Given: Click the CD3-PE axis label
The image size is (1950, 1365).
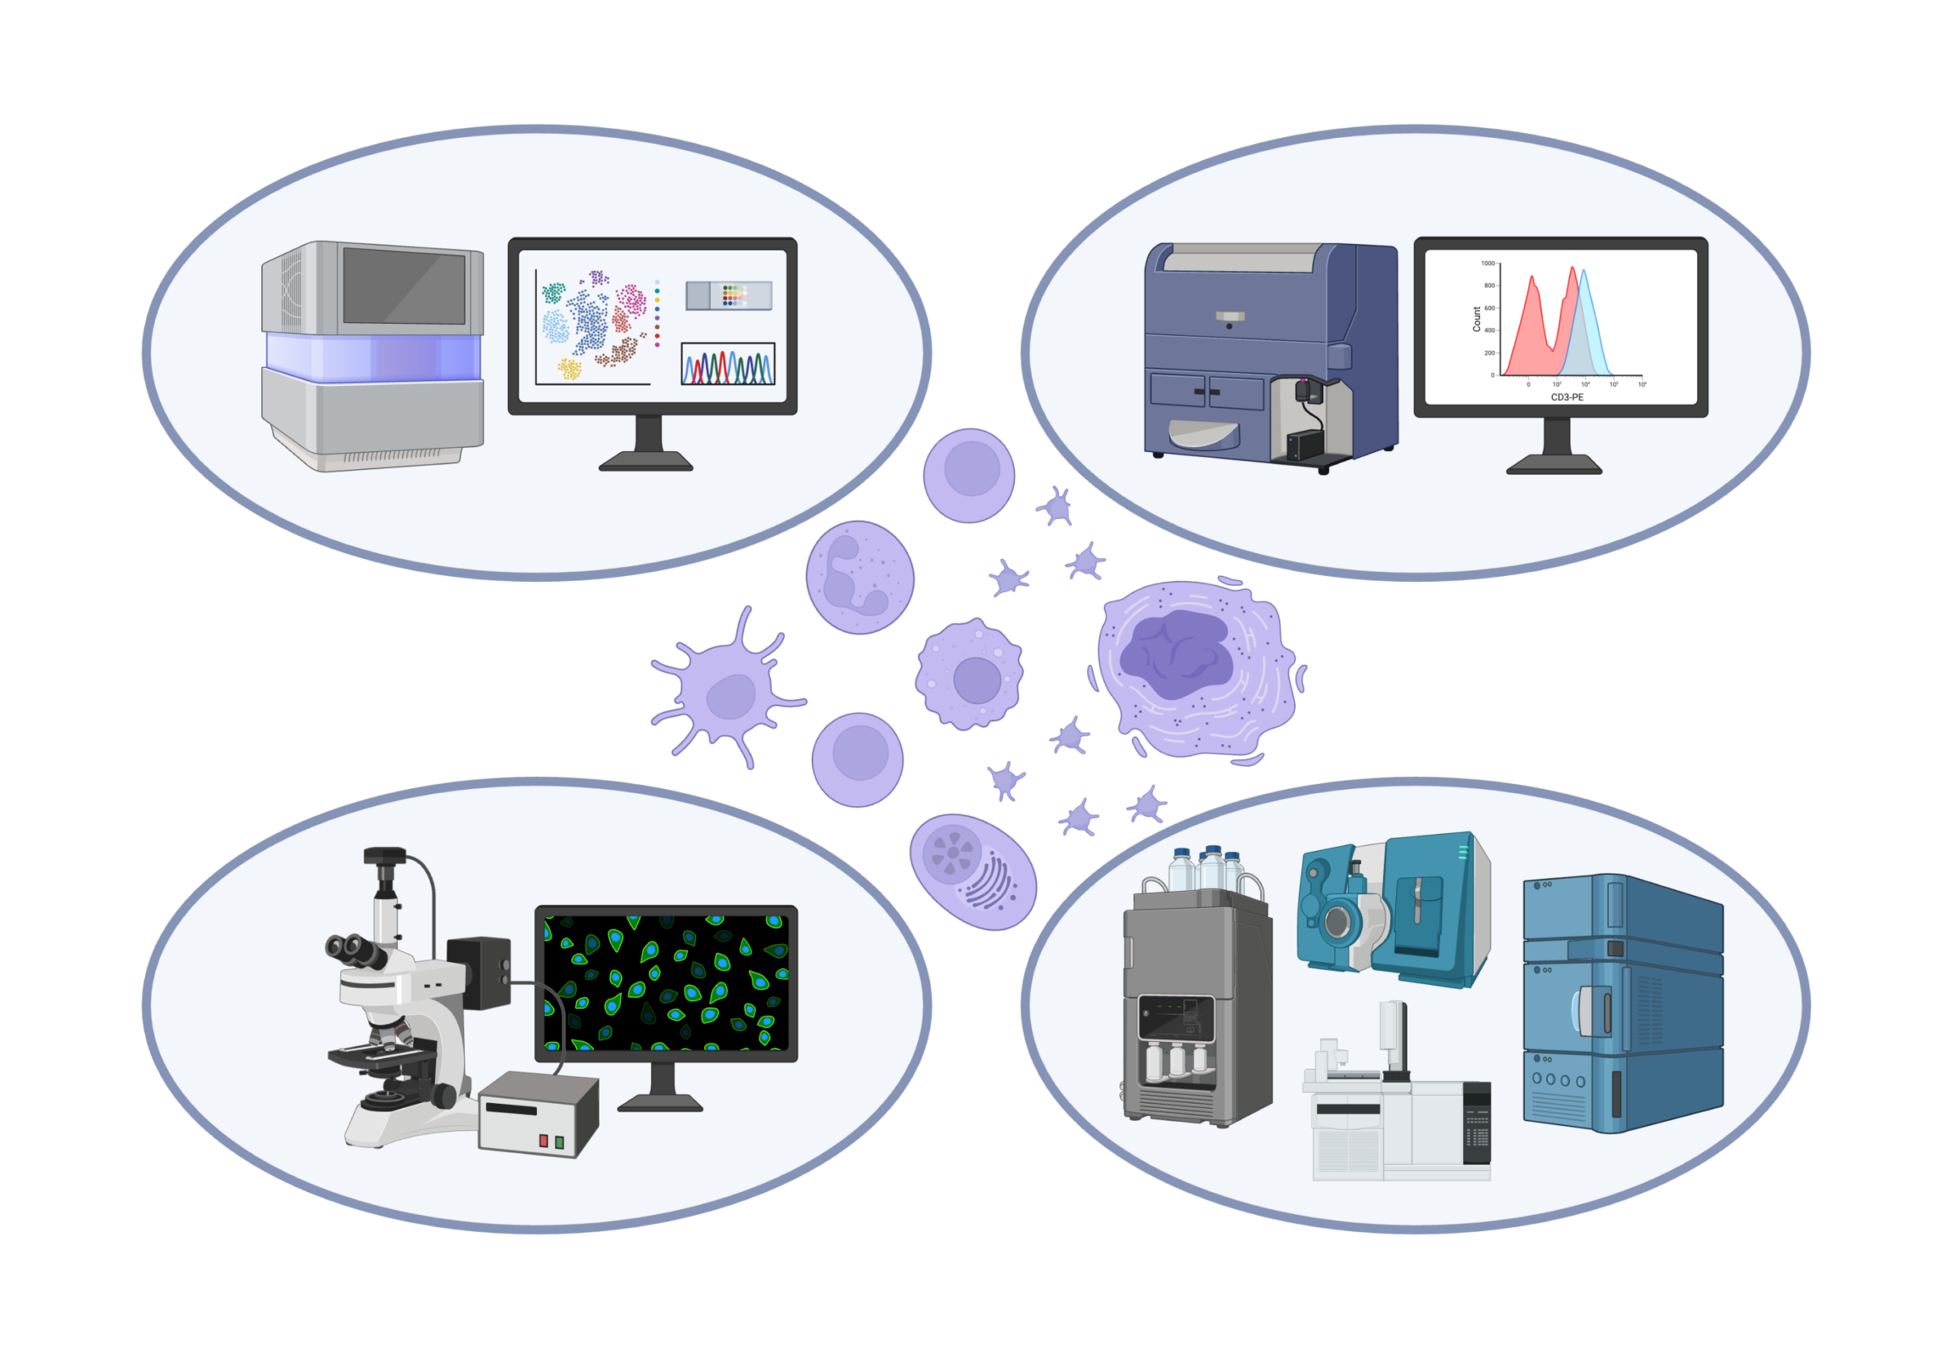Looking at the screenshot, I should click(1567, 398).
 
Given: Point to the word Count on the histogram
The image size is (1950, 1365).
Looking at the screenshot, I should click(1477, 318).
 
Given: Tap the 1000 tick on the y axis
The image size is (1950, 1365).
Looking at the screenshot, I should click(1488, 264).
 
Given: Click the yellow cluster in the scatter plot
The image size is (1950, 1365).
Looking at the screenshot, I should click(569, 369).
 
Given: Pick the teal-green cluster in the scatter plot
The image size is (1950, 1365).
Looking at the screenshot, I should click(553, 293).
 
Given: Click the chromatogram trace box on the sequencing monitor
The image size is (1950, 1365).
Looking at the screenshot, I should click(728, 364).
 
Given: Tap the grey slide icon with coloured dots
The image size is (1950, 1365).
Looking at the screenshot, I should click(729, 296).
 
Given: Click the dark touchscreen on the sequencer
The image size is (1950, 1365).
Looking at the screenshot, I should click(404, 286).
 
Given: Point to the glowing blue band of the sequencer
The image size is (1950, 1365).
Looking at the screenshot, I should click(374, 356).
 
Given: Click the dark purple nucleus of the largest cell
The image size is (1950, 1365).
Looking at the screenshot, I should click(1176, 655).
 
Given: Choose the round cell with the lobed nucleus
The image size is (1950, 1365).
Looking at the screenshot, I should click(859, 577).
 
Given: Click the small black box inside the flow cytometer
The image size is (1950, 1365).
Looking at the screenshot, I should click(1305, 445).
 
